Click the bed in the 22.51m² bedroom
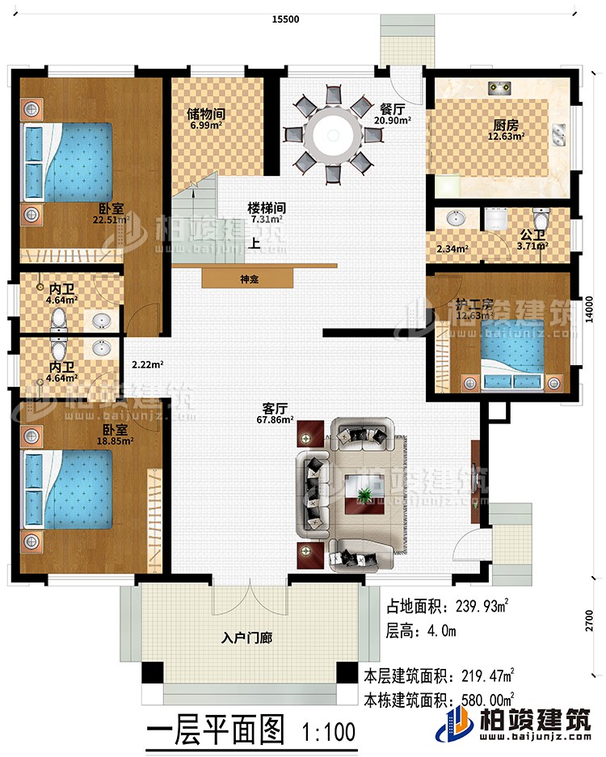69,165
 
